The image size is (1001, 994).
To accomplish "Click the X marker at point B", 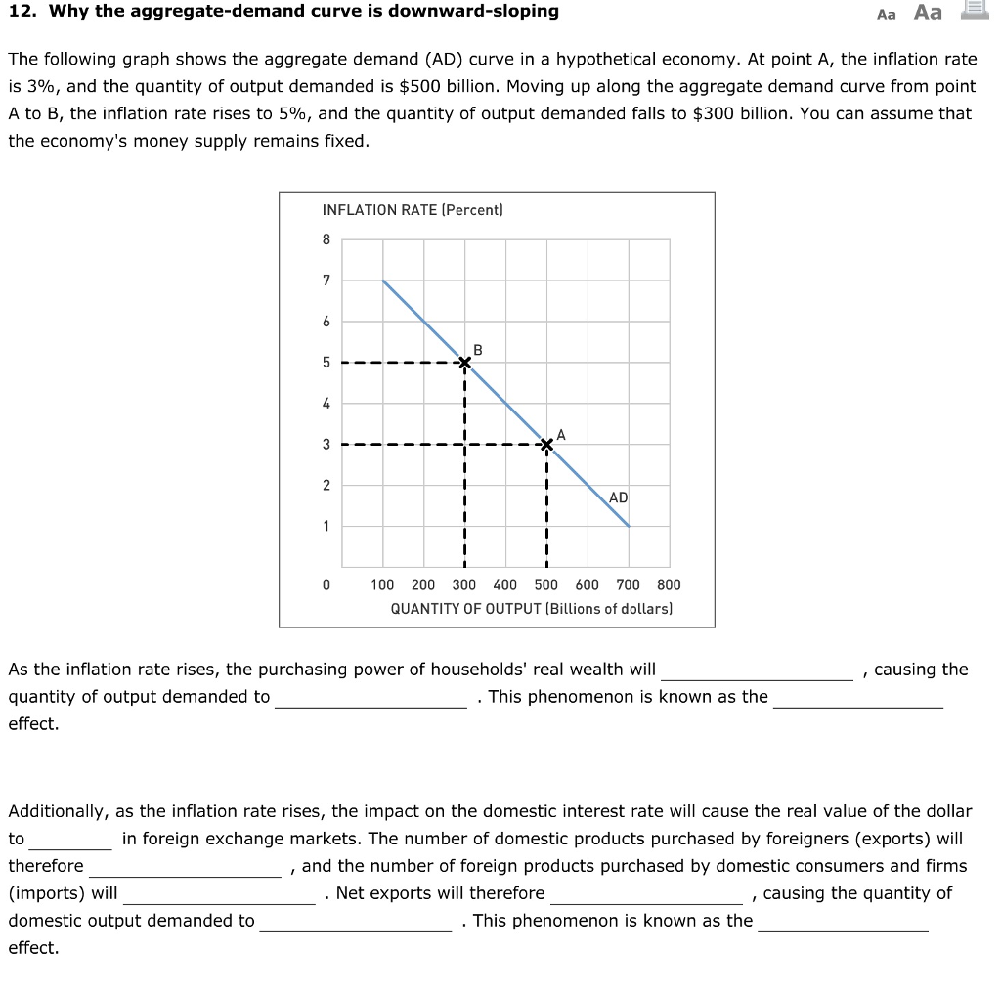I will click(464, 363).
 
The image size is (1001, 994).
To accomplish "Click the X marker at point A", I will click(546, 445).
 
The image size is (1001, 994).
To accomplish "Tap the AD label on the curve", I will click(618, 497).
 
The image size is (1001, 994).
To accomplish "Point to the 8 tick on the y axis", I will click(326, 239).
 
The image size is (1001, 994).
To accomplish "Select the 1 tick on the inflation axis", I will click(326, 527).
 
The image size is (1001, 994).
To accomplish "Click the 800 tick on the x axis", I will click(669, 584).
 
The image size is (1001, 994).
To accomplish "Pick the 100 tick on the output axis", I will click(382, 584).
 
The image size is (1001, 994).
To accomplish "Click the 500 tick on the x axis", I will click(545, 584).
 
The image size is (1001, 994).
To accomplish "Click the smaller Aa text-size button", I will click(887, 14).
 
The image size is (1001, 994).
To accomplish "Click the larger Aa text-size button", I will click(928, 12).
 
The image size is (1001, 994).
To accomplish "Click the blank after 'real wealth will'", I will click(757, 670).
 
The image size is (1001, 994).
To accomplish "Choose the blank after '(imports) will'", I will click(219, 894).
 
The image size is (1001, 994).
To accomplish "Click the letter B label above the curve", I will click(477, 349).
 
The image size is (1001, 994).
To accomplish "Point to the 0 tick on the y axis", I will click(326, 584).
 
